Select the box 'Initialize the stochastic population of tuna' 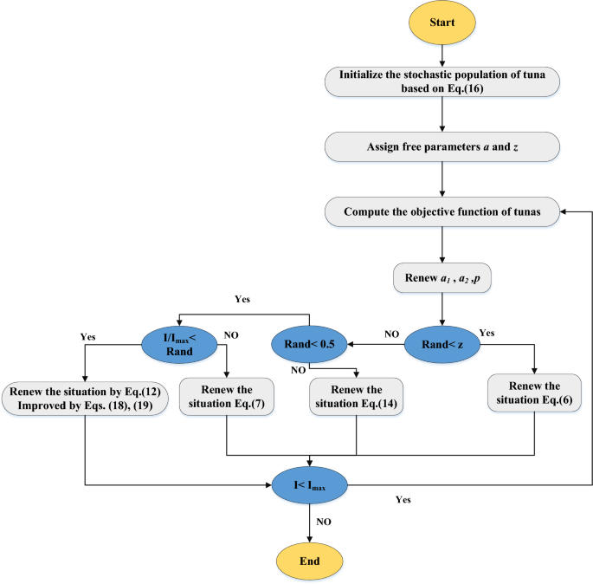(x=442, y=81)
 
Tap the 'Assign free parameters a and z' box (x=442, y=145)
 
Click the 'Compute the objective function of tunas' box (x=442, y=211)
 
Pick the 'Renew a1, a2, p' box (x=442, y=279)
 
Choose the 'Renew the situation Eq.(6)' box (x=533, y=395)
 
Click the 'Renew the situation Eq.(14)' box (x=356, y=398)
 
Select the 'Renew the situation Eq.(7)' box (x=226, y=398)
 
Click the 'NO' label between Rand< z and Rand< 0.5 (x=391, y=334)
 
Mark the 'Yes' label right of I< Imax (x=403, y=500)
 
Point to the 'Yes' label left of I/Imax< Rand (x=87, y=335)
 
